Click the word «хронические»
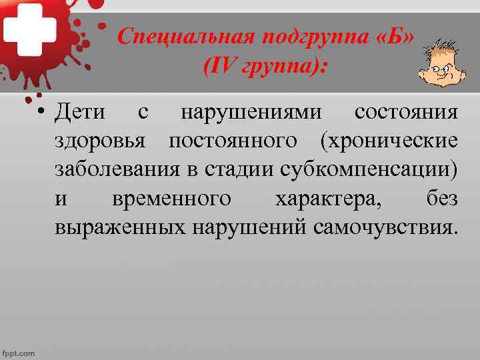click(x=389, y=141)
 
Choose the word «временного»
click(x=172, y=199)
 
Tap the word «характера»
click(x=327, y=199)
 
